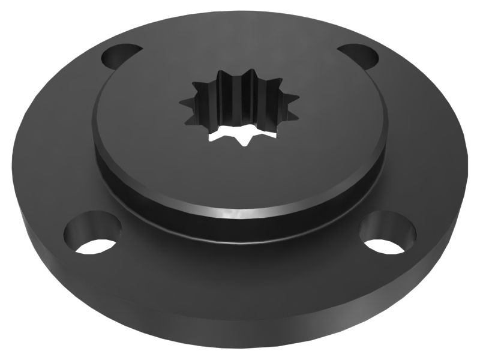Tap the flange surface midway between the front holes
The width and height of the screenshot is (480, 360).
click(240, 264)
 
